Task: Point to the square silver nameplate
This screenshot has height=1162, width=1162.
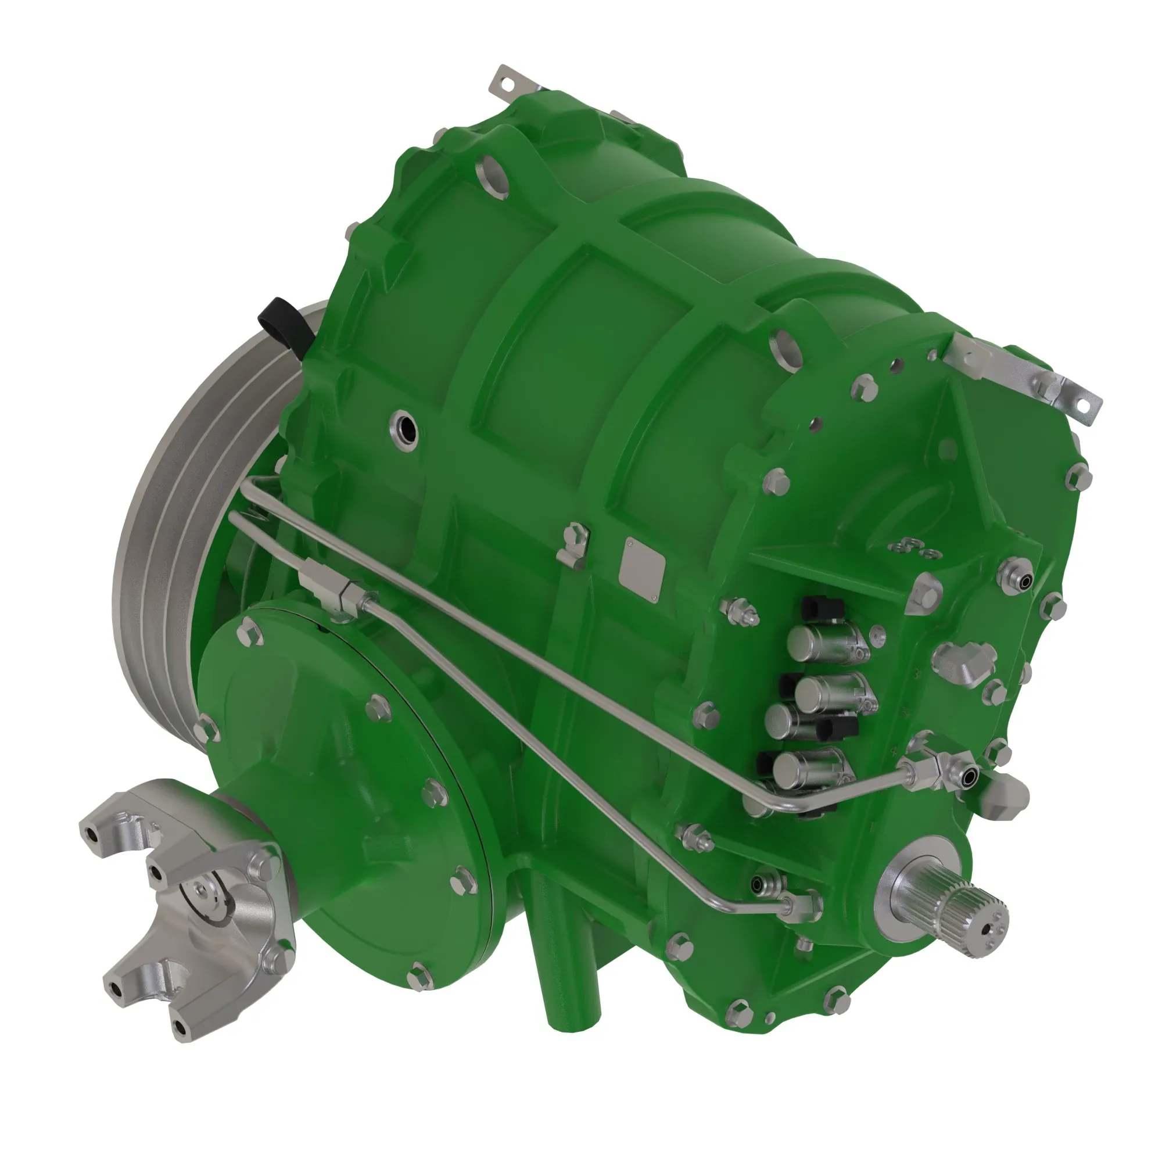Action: (x=642, y=572)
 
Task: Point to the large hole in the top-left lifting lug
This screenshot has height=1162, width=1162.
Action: (x=489, y=171)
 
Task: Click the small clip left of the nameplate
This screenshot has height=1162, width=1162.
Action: (x=573, y=544)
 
